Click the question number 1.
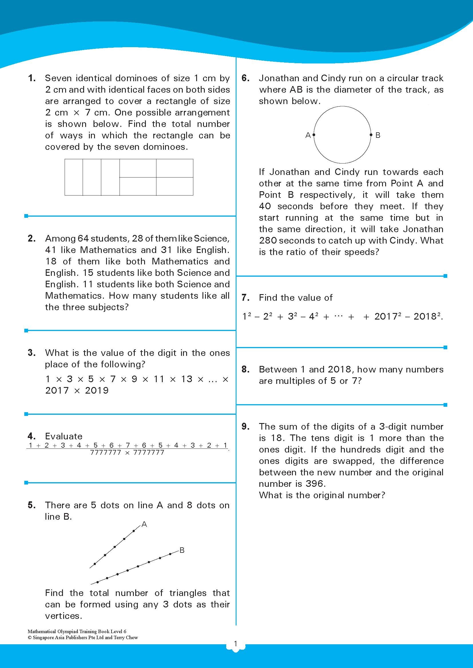click(x=32, y=78)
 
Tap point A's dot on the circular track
click(x=314, y=135)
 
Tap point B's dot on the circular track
click(x=371, y=135)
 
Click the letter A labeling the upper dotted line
click(x=144, y=525)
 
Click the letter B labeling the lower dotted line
click(x=182, y=550)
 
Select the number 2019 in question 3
click(x=97, y=390)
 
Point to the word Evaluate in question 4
click(x=63, y=436)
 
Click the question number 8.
click(x=246, y=369)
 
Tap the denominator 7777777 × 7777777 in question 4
click(x=127, y=452)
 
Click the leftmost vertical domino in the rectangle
click(x=74, y=177)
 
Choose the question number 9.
click(x=246, y=426)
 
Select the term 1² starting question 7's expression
click(x=246, y=316)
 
